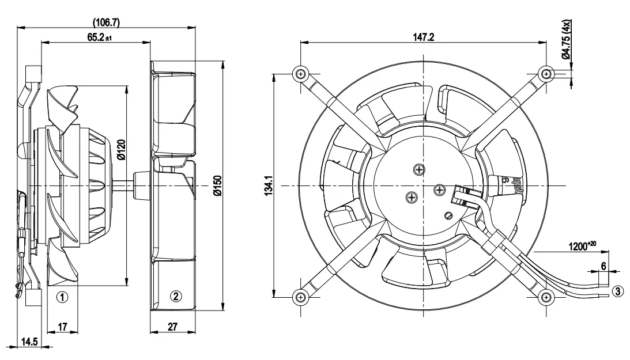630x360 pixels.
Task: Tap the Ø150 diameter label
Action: pyautogui.click(x=218, y=186)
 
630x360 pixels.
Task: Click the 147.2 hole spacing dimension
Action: pyautogui.click(x=422, y=37)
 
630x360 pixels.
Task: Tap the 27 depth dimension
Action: pyautogui.click(x=172, y=327)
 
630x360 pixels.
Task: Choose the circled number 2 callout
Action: pyautogui.click(x=176, y=297)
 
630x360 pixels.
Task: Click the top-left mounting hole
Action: pyautogui.click(x=300, y=73)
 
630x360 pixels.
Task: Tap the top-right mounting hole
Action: pyautogui.click(x=545, y=73)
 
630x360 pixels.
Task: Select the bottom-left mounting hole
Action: pyautogui.click(x=300, y=297)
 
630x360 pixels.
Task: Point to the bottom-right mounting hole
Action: pyautogui.click(x=545, y=297)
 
